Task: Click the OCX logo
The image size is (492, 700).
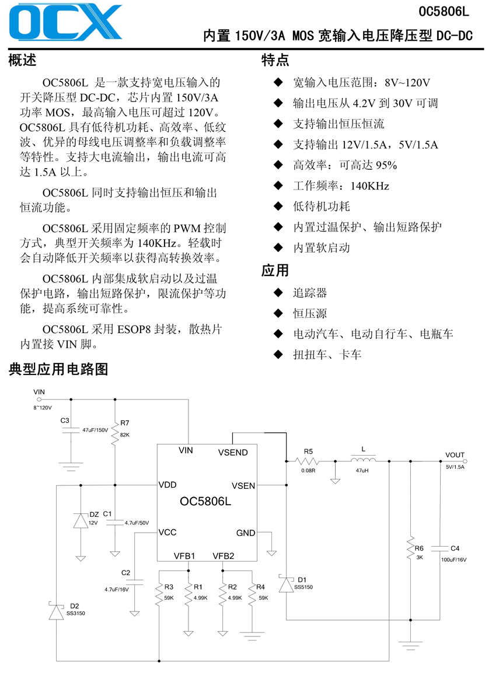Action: coord(65,22)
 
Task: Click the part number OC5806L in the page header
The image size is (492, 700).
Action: coord(444,12)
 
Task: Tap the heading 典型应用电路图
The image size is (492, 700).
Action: coord(58,369)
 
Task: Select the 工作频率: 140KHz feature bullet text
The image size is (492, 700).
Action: coord(341,186)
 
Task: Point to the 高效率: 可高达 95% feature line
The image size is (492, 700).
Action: coord(345,165)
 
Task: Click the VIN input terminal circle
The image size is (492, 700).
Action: coord(39,400)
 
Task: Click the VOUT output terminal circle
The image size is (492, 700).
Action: coord(465,461)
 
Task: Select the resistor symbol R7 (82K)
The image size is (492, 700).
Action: coord(115,432)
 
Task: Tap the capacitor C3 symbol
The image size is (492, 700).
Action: coord(71,430)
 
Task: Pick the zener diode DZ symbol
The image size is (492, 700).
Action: coord(81,520)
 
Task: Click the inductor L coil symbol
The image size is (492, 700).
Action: coord(363,460)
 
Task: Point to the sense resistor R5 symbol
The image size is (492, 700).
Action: coord(307,461)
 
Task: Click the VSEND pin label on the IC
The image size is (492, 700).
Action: coord(233,453)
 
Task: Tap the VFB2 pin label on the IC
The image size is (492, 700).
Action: coord(223,556)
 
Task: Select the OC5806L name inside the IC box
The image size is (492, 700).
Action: coord(205,502)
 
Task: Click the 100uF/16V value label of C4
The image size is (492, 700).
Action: coord(453,559)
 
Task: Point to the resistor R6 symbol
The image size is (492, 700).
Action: coord(410,548)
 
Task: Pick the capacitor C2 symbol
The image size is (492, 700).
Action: coord(134,583)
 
